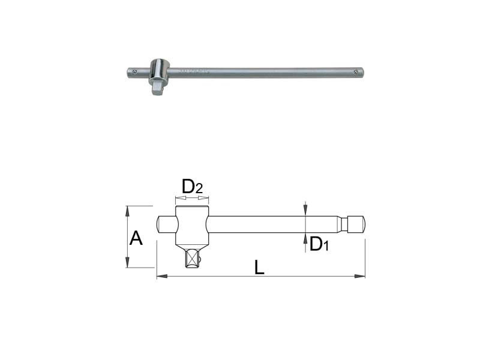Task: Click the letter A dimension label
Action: coord(136,238)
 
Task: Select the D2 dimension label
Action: coord(192,187)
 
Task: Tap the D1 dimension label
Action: coord(319,244)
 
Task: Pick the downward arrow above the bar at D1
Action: coord(305,209)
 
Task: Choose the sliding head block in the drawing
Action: coord(191,225)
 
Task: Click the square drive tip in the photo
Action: coord(157,88)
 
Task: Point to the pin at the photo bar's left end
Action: coord(136,73)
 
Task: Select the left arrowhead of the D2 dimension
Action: coord(177,196)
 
